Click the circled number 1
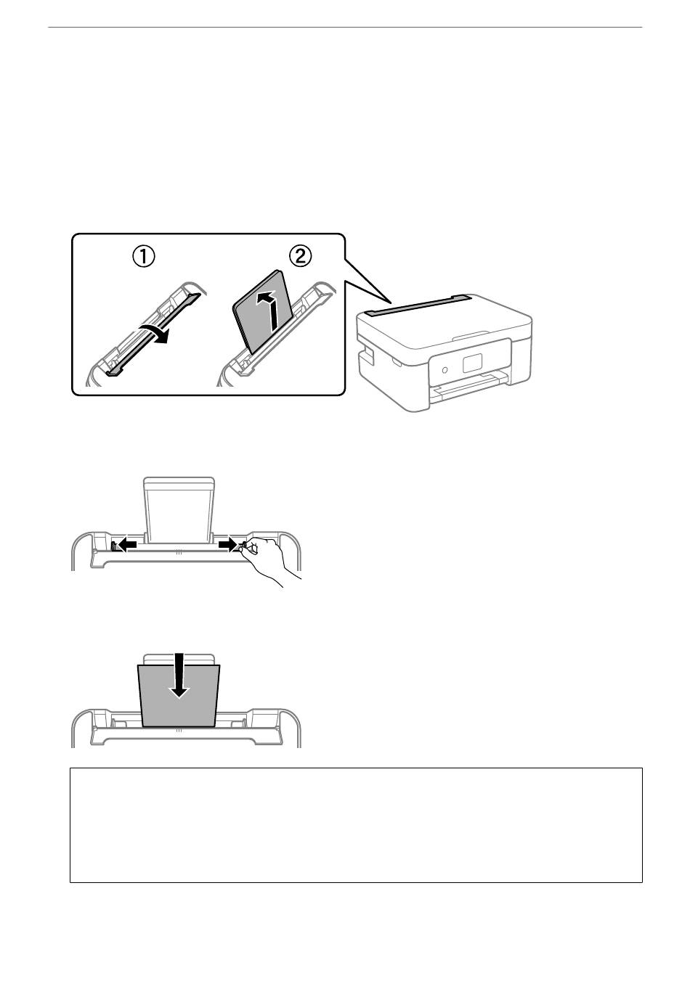[x=143, y=255]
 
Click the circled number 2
[x=301, y=255]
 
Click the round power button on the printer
[x=445, y=369]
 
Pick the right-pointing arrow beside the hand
[x=228, y=543]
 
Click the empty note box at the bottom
[x=356, y=825]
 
